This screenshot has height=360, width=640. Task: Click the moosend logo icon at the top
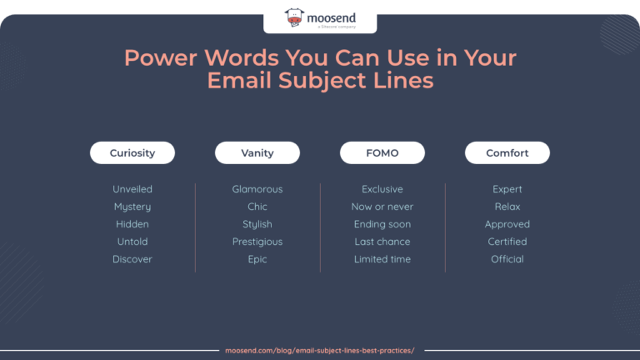295,17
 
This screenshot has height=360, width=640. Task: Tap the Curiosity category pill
132,153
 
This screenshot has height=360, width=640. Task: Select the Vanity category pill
257,153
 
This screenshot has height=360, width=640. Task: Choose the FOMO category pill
382,153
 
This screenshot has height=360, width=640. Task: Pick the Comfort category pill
507,153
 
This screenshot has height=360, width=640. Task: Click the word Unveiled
132,189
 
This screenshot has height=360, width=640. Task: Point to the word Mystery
132,207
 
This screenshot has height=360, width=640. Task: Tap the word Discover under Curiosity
132,259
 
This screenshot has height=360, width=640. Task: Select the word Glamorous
257,189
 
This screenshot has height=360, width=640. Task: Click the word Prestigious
257,242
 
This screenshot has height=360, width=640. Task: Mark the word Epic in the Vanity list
257,259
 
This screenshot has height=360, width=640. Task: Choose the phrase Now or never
382,207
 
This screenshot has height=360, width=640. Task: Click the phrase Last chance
382,242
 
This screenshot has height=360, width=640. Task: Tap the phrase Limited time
382,259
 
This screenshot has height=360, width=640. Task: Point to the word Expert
507,189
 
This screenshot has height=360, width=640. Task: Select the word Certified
507,242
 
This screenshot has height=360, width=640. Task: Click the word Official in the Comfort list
507,259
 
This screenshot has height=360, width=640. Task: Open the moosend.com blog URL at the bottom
320,351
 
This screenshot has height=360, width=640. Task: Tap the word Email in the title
237,82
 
